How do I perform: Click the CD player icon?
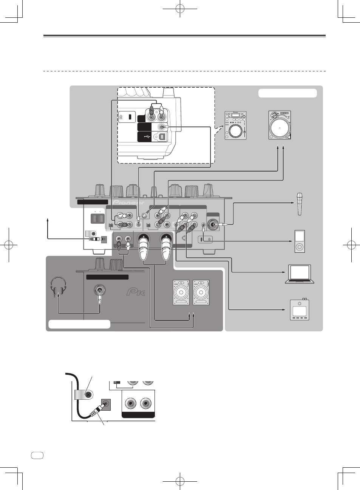236,125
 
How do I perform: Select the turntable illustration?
280,125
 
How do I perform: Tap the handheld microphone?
300,204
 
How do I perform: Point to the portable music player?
299,241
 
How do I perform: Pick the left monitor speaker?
181,292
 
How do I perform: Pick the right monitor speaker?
201,292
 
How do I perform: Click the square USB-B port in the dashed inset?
162,137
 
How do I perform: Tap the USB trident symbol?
145,137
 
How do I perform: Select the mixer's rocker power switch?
98,218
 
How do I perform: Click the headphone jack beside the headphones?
99,291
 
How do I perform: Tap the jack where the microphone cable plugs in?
213,224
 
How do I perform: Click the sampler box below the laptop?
300,309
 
